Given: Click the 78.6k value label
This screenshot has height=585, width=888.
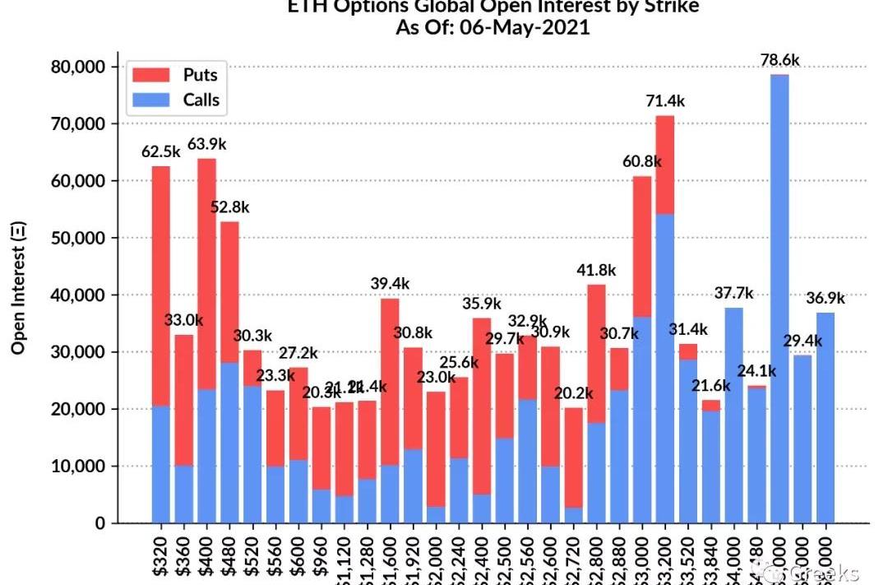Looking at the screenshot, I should (779, 60).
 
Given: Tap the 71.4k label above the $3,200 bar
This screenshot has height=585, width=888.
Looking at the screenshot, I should (665, 101).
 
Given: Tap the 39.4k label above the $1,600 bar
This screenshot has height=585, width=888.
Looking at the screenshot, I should (390, 284).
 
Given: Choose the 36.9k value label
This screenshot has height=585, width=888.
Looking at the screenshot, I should (825, 298).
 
